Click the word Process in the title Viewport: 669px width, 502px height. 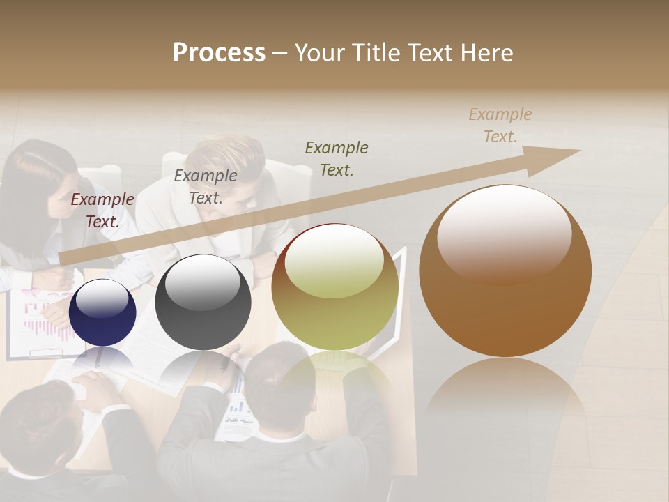click(x=219, y=53)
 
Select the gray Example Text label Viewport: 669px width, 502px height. click(x=205, y=187)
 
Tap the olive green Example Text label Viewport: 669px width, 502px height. click(x=337, y=158)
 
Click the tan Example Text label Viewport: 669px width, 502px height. click(x=500, y=125)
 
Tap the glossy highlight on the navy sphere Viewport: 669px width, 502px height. click(x=102, y=300)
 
